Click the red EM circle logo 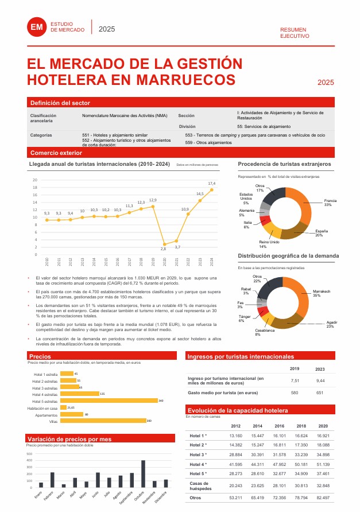click(x=37, y=27)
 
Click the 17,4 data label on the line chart click(x=211, y=183)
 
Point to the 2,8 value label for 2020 click(x=163, y=249)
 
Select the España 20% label click(x=319, y=233)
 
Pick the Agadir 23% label click(x=330, y=324)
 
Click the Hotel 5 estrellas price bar click(x=109, y=401)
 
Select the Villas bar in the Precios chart click(x=103, y=421)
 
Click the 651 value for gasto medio click(x=320, y=393)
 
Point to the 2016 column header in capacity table click(x=279, y=426)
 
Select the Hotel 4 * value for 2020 click(x=323, y=464)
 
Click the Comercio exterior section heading click(x=56, y=153)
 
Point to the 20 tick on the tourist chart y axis click(x=34, y=180)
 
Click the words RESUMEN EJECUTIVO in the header click(x=295, y=33)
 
